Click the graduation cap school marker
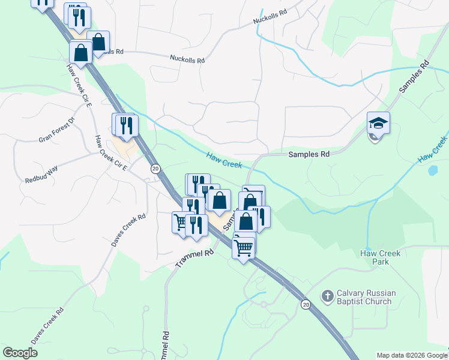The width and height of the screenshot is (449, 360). [378, 124]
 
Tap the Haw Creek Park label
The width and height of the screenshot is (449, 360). [380, 257]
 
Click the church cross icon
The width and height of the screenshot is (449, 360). [327, 296]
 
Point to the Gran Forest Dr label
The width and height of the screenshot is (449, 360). [56, 130]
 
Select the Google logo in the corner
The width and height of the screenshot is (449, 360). [20, 353]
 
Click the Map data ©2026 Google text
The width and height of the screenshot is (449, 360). [411, 355]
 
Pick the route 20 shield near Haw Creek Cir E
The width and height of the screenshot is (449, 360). [155, 169]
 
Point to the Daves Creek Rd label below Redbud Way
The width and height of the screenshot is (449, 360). [128, 230]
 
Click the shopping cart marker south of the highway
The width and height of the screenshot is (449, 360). [243, 247]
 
